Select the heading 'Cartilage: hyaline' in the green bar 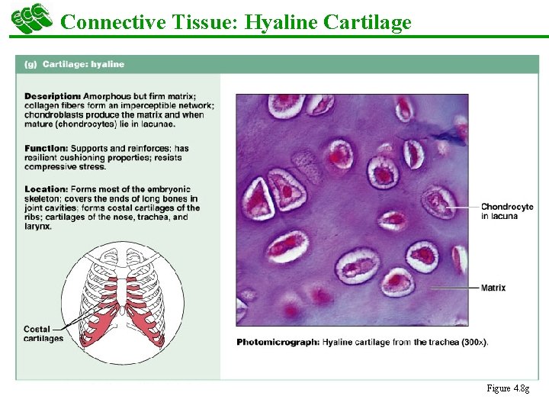(83, 64)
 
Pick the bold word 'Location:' (46, 189)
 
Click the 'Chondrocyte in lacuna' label (506, 211)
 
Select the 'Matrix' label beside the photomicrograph (493, 288)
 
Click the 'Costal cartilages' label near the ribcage (43, 333)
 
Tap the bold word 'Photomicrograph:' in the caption (278, 342)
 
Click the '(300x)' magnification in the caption (475, 342)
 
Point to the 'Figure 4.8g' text (508, 388)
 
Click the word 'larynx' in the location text (37, 226)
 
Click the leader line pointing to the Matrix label (454, 288)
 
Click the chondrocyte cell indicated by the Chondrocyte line (438, 202)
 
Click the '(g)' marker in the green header (30, 64)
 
